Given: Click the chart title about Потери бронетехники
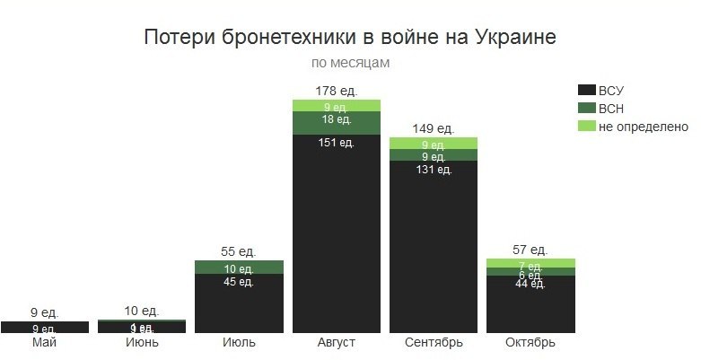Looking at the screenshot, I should click(349, 38).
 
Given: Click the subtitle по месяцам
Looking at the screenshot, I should click(350, 63).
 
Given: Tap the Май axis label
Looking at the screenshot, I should click(44, 343).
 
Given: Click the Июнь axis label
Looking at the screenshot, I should click(141, 343).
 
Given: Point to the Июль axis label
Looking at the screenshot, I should click(239, 343).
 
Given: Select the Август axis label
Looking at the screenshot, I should click(336, 343).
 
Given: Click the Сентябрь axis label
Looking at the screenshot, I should click(433, 343).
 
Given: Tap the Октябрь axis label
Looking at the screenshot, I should click(530, 343).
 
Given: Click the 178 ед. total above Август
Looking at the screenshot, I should click(336, 91).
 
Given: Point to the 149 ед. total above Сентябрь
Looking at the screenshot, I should click(433, 128).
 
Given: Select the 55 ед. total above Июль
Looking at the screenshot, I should click(239, 251).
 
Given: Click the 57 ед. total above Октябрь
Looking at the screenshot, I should click(530, 250).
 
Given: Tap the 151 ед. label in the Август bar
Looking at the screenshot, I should click(336, 142).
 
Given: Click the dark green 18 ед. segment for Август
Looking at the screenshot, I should click(336, 121).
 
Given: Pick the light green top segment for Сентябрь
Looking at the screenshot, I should click(433, 144).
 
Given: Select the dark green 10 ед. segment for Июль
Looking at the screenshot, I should click(239, 268).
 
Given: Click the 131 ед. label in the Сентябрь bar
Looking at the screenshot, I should click(433, 170).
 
